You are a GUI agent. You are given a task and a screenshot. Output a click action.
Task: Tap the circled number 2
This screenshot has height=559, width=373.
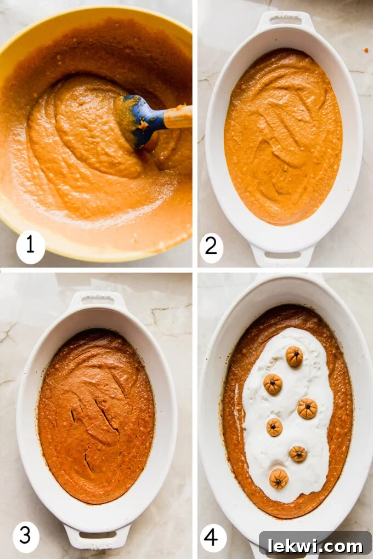coord(211,248)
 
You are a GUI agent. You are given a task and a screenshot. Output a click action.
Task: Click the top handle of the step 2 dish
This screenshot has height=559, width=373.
coord(285,20)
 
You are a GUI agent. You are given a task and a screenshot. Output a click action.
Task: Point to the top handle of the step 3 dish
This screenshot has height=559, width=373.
coord(98,300)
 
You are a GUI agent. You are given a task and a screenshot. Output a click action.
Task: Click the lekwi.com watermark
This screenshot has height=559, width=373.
coord(315,545)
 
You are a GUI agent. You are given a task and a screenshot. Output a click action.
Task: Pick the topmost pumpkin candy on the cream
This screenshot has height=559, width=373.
coord(294,356)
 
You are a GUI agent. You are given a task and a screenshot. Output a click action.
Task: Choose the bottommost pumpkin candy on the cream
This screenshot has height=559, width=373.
coord(279,478)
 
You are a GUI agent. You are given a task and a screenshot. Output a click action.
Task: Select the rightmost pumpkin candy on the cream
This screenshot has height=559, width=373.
coord(307,408)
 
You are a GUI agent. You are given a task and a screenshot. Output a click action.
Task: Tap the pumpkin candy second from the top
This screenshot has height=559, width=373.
coord(273,384)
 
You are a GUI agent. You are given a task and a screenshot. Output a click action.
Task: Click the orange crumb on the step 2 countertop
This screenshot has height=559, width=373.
coord(365,50)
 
